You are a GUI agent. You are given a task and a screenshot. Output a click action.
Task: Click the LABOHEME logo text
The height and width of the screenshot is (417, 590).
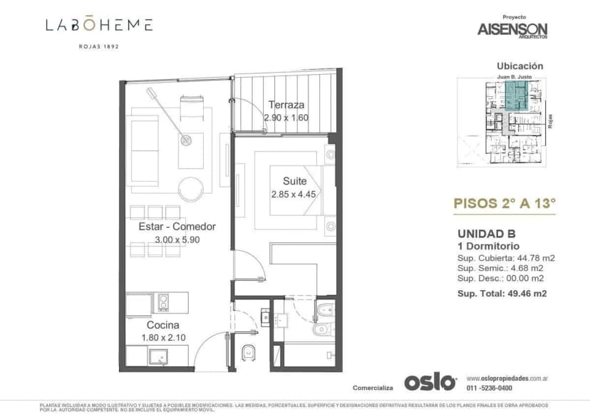[x=99, y=25]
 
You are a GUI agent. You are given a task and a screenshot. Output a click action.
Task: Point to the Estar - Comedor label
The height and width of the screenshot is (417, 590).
[x=177, y=227]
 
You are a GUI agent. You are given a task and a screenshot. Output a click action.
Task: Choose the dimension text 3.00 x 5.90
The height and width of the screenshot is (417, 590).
[x=177, y=240]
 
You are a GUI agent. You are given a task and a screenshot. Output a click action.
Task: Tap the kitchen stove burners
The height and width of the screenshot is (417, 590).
[x=163, y=302]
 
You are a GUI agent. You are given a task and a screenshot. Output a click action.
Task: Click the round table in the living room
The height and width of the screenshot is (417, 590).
[x=190, y=189]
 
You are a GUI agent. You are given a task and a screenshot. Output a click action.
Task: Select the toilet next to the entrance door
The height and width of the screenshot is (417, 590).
[x=247, y=351]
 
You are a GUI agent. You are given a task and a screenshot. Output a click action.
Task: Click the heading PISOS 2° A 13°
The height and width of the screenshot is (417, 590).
[x=504, y=202]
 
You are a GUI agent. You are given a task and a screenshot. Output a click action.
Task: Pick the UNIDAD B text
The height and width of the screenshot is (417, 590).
[x=485, y=233]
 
